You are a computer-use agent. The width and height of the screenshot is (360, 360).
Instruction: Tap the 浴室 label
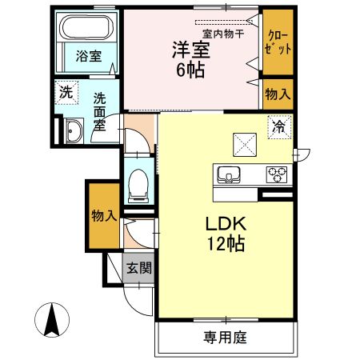pos(88,57)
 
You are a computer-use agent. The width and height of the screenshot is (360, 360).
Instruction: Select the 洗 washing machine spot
pos(67,92)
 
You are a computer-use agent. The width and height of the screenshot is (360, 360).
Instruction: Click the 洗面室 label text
pos(99,111)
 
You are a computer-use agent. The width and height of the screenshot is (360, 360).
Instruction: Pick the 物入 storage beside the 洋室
pos(278,94)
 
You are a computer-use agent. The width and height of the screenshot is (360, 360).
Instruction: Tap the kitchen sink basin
pos(226,174)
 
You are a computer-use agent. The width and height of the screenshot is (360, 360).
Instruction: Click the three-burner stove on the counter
pos(277,173)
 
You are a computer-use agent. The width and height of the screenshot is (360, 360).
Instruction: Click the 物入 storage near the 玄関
pos(103,216)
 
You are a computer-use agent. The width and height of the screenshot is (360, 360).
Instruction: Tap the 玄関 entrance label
pos(138,268)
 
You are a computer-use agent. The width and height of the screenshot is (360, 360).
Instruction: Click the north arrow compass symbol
pos(53,320)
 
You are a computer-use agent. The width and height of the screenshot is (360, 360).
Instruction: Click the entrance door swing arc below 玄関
pos(138,300)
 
